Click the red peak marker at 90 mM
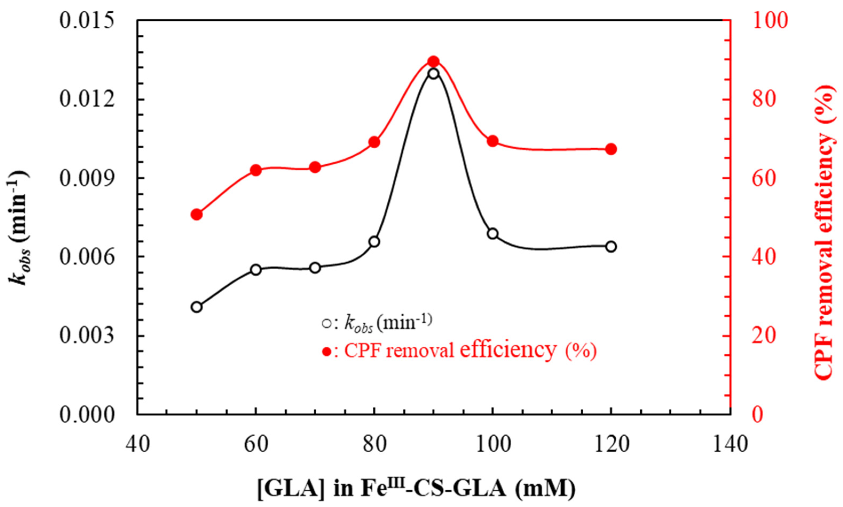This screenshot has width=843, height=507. click(433, 62)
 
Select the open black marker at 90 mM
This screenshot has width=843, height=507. click(433, 74)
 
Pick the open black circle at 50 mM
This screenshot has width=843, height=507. click(196, 307)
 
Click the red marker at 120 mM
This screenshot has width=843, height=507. click(611, 149)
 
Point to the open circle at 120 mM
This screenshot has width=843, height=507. click(611, 247)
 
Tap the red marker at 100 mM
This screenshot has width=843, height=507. click(492, 141)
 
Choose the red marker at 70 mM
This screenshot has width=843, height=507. click(315, 167)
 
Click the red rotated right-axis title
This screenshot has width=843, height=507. click(826, 232)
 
